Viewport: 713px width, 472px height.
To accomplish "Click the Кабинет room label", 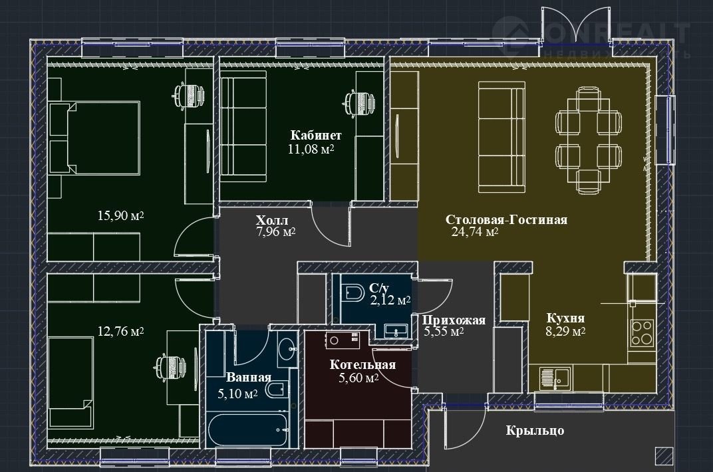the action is point(315,136).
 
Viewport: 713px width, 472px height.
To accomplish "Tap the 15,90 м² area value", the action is point(121,215).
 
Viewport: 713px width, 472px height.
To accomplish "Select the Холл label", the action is point(271,221).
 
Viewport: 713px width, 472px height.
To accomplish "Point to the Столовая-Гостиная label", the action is point(506,220).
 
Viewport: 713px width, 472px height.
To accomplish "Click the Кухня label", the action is point(565,318).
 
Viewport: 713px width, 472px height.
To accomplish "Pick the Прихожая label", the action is point(454,320).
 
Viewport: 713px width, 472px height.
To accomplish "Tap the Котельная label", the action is point(362,365).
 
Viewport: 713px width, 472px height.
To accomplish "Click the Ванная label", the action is point(248,378).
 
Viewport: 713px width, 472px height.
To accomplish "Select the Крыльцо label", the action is point(535,430).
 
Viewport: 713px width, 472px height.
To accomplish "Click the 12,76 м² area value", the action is point(121,332).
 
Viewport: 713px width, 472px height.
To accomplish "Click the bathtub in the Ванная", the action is point(248,429).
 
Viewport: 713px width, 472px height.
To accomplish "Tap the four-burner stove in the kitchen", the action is point(642,333).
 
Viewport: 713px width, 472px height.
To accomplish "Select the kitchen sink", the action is point(556,379).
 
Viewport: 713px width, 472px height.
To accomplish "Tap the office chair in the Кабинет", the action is point(360,101).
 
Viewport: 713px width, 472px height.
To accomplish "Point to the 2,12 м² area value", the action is point(390,300).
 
